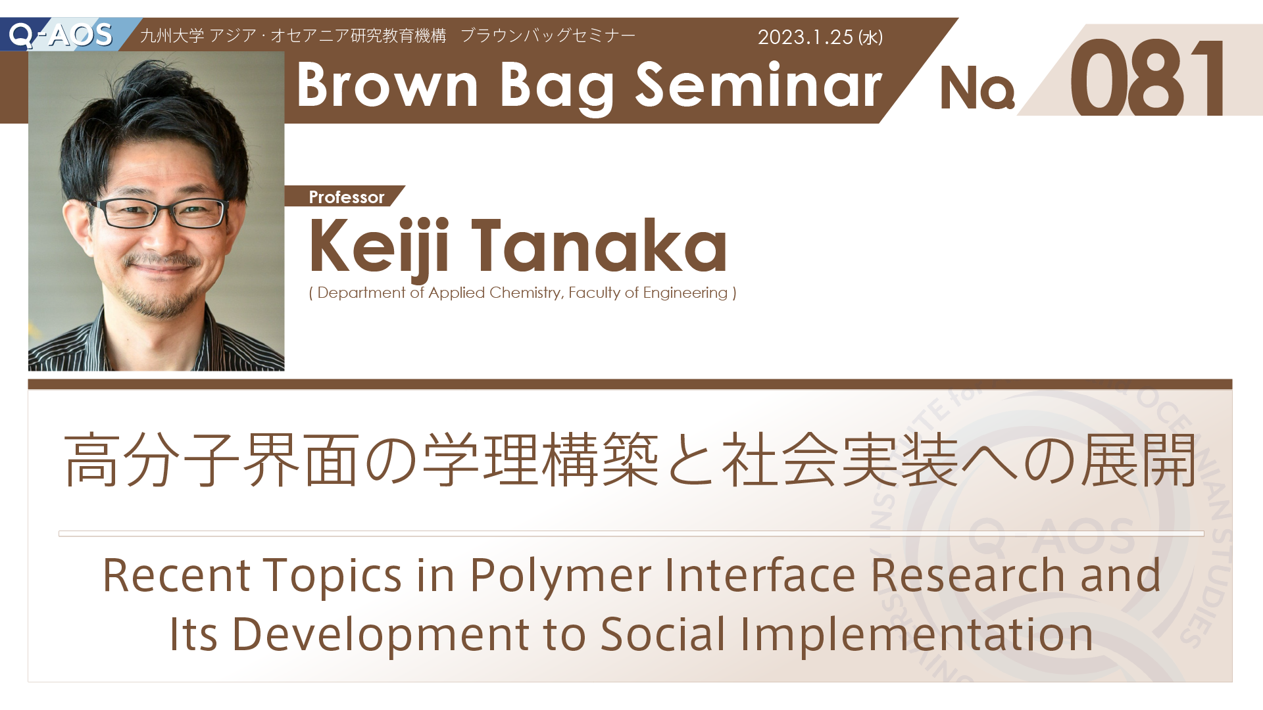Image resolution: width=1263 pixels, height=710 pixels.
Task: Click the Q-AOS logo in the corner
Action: (61, 34)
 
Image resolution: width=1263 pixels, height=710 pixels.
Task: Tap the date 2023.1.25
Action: (805, 37)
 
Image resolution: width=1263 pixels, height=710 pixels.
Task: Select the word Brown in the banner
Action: (387, 85)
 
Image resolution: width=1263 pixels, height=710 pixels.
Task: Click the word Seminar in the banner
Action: (758, 85)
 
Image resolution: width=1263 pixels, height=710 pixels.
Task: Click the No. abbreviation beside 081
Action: (978, 87)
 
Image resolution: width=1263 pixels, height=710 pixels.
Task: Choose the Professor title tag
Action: (347, 197)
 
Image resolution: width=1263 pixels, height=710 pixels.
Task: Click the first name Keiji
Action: (380, 247)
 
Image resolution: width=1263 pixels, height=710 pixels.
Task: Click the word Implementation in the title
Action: (916, 635)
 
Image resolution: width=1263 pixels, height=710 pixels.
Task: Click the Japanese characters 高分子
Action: (152, 460)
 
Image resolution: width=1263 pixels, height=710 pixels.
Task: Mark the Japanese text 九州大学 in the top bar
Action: (172, 35)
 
